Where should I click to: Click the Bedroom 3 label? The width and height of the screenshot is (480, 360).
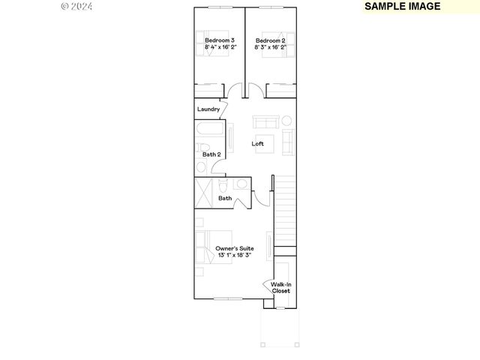pyautogui.click(x=220, y=40)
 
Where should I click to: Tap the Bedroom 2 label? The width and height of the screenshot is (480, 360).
pyautogui.click(x=270, y=40)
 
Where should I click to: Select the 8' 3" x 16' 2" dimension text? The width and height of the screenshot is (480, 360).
pyautogui.click(x=270, y=46)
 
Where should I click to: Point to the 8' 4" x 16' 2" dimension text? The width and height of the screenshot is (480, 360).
pyautogui.click(x=220, y=46)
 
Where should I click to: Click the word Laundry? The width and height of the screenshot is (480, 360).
pyautogui.click(x=208, y=109)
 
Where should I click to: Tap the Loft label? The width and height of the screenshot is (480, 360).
pyautogui.click(x=257, y=144)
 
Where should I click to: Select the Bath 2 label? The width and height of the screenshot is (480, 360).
pyautogui.click(x=211, y=154)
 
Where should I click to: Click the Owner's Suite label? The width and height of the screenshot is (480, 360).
pyautogui.click(x=234, y=248)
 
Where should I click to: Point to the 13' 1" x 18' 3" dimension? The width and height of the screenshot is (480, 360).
pyautogui.click(x=234, y=255)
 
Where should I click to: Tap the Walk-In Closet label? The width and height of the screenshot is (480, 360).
pyautogui.click(x=280, y=287)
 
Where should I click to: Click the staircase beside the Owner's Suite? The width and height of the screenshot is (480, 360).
pyautogui.click(x=284, y=214)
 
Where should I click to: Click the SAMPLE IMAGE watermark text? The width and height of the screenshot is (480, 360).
pyautogui.click(x=402, y=7)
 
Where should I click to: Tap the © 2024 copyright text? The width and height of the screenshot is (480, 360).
pyautogui.click(x=76, y=6)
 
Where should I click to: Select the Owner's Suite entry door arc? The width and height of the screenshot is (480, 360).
pyautogui.click(x=261, y=197)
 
